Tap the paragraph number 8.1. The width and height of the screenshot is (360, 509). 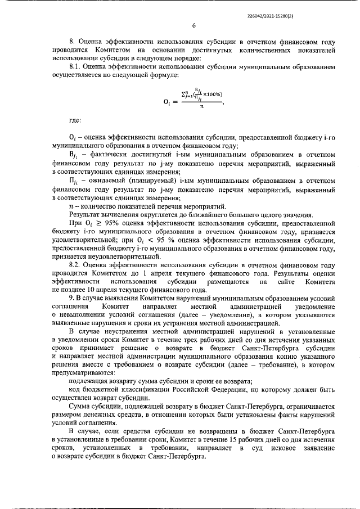click(x=75, y=66)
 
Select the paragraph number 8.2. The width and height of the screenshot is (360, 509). click(x=75, y=264)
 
